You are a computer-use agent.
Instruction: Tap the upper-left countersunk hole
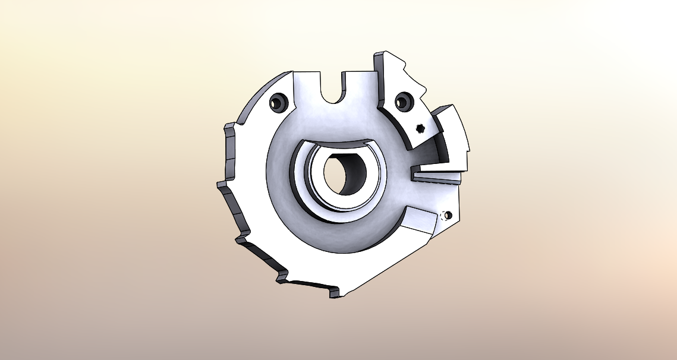[x=278, y=103]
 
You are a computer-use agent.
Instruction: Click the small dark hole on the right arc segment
[x=421, y=128]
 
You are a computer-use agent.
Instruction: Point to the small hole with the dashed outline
[x=448, y=215]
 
